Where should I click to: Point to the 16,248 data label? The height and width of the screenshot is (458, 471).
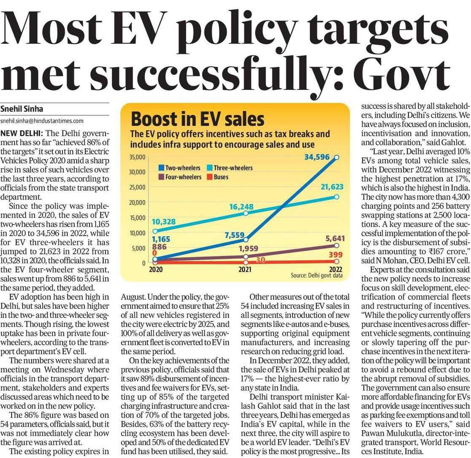pos(241,207)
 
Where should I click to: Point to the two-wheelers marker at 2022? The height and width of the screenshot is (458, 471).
pos(336,158)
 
